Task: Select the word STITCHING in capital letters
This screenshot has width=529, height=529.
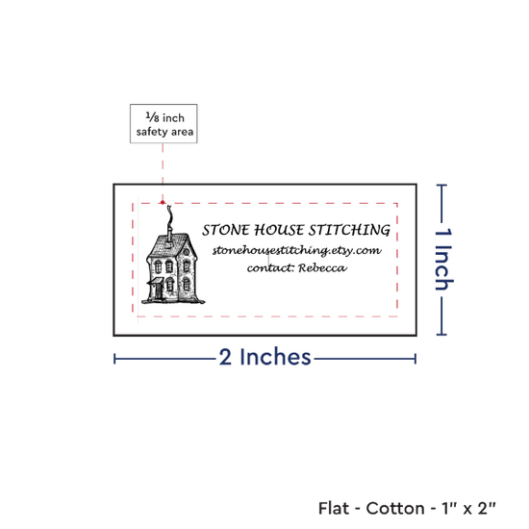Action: point(349,230)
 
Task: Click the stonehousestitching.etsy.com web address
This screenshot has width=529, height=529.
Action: point(297,250)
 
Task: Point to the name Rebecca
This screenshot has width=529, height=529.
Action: point(322,268)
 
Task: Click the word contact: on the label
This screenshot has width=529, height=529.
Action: point(271,268)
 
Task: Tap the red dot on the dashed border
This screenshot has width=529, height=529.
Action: point(163,202)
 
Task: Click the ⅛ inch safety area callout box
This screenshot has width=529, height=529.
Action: point(164,123)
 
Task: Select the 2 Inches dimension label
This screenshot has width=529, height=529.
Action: point(264,357)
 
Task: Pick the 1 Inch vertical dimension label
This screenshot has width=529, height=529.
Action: point(443,259)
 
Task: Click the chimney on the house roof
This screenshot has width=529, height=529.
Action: point(169,235)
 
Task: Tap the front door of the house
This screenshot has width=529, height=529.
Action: point(159,291)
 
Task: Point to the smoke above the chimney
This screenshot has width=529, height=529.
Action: point(169,215)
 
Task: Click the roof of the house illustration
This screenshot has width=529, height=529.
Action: point(168,245)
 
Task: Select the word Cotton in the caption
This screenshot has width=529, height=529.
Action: point(395,509)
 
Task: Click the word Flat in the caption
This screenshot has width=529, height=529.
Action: point(334,509)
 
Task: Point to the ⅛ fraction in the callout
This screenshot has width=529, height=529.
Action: point(152,116)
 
